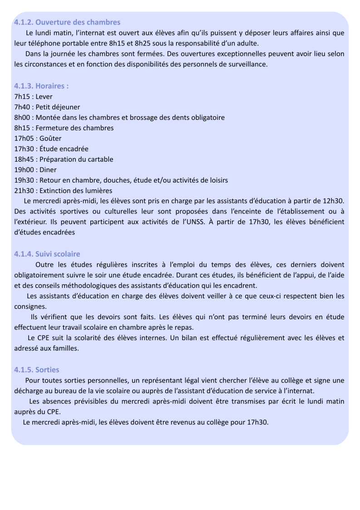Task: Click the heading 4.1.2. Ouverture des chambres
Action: click(67, 22)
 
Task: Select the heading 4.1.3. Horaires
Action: click(41, 86)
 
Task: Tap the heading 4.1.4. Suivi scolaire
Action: click(47, 254)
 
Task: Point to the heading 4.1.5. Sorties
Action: click(36, 370)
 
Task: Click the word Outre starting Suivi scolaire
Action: click(44, 265)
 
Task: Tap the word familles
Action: click(66, 349)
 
